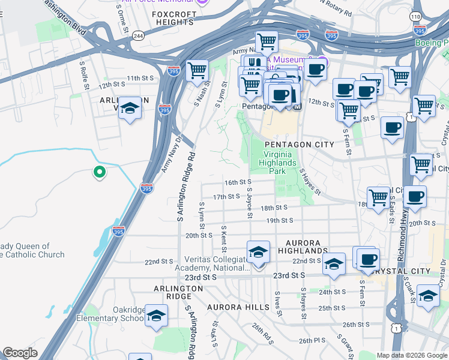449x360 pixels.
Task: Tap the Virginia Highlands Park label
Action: click(279, 158)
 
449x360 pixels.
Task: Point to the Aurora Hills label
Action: click(238, 307)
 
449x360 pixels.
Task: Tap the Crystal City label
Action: click(420, 271)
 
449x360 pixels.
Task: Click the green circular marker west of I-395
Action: click(100, 173)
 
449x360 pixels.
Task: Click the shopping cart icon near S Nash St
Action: click(197, 70)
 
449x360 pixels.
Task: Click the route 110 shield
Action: click(416, 17)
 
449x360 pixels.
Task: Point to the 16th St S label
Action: click(237, 182)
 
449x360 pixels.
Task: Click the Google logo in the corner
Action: click(20, 353)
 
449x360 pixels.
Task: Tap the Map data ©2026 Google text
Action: click(411, 355)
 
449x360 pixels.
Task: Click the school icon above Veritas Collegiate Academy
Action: click(258, 251)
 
